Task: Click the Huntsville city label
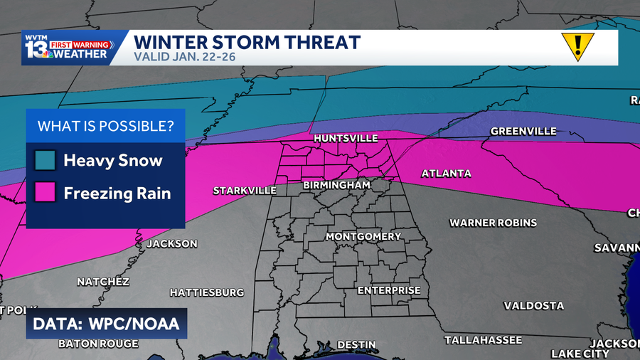coord(346,138)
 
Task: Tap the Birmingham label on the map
coord(337,185)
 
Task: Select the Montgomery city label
coord(363,236)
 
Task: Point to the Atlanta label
coord(447,174)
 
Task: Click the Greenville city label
coord(523,132)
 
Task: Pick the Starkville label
coord(245,191)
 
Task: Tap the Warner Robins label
coord(493,223)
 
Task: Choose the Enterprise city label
coord(389,290)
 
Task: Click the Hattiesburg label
coord(207,292)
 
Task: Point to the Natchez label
coord(103,282)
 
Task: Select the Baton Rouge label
coord(98,344)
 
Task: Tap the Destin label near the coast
coord(356,344)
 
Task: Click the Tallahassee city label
coord(484,340)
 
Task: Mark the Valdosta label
coord(534,306)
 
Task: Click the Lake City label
coord(580,354)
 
